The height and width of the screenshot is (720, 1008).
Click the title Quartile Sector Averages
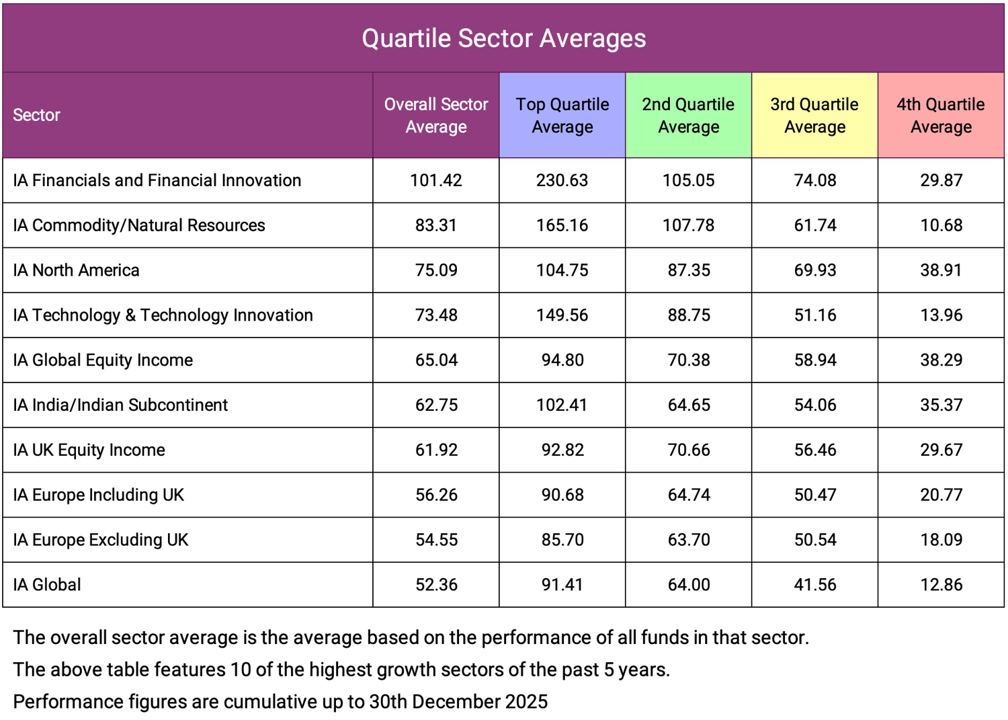[503, 38]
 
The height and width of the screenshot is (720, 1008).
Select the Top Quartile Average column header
[562, 116]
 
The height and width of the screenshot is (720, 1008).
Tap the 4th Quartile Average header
[941, 116]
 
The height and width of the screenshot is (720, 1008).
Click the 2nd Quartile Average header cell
[688, 116]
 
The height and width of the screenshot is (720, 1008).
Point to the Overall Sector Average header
[436, 116]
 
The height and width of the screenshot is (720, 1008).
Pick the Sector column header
[36, 116]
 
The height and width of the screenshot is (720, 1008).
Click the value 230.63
[562, 180]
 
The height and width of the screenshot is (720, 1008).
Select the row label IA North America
[76, 270]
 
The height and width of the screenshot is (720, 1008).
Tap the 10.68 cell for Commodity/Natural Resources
[941, 225]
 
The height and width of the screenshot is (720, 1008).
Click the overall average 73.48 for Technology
[436, 315]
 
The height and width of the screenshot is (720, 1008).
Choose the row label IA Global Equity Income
[103, 360]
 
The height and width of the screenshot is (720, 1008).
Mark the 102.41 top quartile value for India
[562, 405]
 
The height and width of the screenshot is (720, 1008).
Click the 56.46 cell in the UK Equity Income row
[814, 450]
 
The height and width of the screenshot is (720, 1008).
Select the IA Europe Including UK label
[98, 495]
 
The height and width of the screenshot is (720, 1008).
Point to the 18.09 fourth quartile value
[941, 540]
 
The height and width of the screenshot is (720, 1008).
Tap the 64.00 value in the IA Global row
[688, 585]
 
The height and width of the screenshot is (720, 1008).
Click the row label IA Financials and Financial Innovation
[157, 180]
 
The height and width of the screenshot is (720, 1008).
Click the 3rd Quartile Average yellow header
[814, 116]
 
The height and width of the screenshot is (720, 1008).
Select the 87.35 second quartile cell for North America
[688, 270]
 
